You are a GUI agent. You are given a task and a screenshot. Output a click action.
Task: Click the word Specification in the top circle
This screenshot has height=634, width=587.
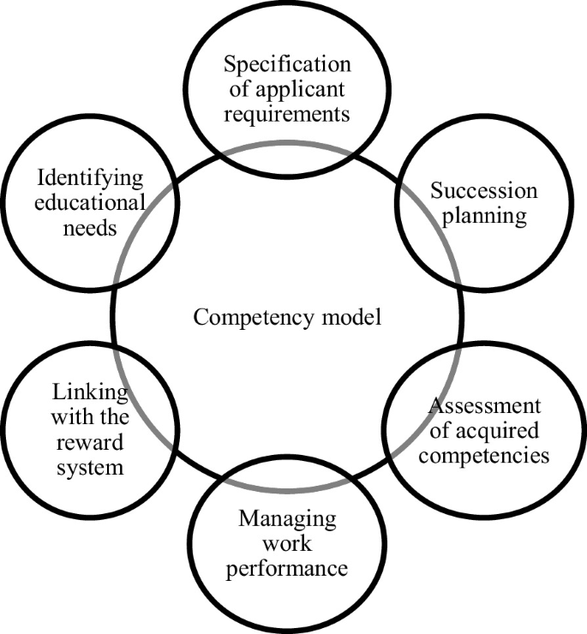coord(287,65)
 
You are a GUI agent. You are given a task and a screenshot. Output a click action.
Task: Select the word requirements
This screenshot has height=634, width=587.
coord(287,114)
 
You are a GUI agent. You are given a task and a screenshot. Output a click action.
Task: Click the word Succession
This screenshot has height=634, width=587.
coord(483,190)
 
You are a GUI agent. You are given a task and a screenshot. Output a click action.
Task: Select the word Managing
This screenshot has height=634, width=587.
coord(287,519)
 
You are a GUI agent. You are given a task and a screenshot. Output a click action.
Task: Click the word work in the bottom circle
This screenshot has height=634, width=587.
coord(287,543)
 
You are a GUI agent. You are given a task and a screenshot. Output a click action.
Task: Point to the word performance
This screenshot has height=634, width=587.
coord(287,567)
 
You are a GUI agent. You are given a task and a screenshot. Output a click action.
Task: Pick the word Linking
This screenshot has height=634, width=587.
coord(90,393)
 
